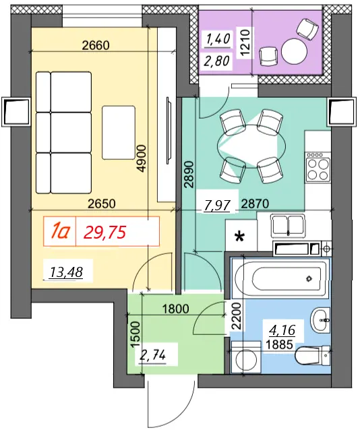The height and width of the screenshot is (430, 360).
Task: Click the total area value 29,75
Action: (104, 233)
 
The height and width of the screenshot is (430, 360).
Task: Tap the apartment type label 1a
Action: (60, 232)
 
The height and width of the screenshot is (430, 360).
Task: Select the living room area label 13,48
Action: (66, 272)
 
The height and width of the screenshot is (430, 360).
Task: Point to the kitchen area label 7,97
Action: (216, 205)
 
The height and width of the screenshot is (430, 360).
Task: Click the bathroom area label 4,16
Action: (282, 330)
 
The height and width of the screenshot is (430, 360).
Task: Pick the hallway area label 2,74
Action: (153, 355)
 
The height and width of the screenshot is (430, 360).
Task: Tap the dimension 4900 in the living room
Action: (142, 159)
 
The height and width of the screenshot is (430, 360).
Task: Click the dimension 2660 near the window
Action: (96, 45)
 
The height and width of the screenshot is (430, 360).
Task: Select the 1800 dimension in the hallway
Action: (175, 309)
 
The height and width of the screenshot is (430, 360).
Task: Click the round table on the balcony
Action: (294, 51)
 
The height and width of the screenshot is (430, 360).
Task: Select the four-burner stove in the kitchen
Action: (318, 167)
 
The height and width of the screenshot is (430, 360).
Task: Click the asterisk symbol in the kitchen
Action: (240, 237)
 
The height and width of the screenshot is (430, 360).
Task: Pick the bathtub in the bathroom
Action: (280, 278)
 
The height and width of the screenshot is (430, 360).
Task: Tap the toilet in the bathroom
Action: (313, 356)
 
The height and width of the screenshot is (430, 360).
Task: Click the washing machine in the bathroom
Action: (246, 357)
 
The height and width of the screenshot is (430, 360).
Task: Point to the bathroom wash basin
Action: (320, 320)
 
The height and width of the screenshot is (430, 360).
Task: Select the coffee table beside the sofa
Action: (119, 133)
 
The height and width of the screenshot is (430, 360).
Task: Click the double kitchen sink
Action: (288, 226)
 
